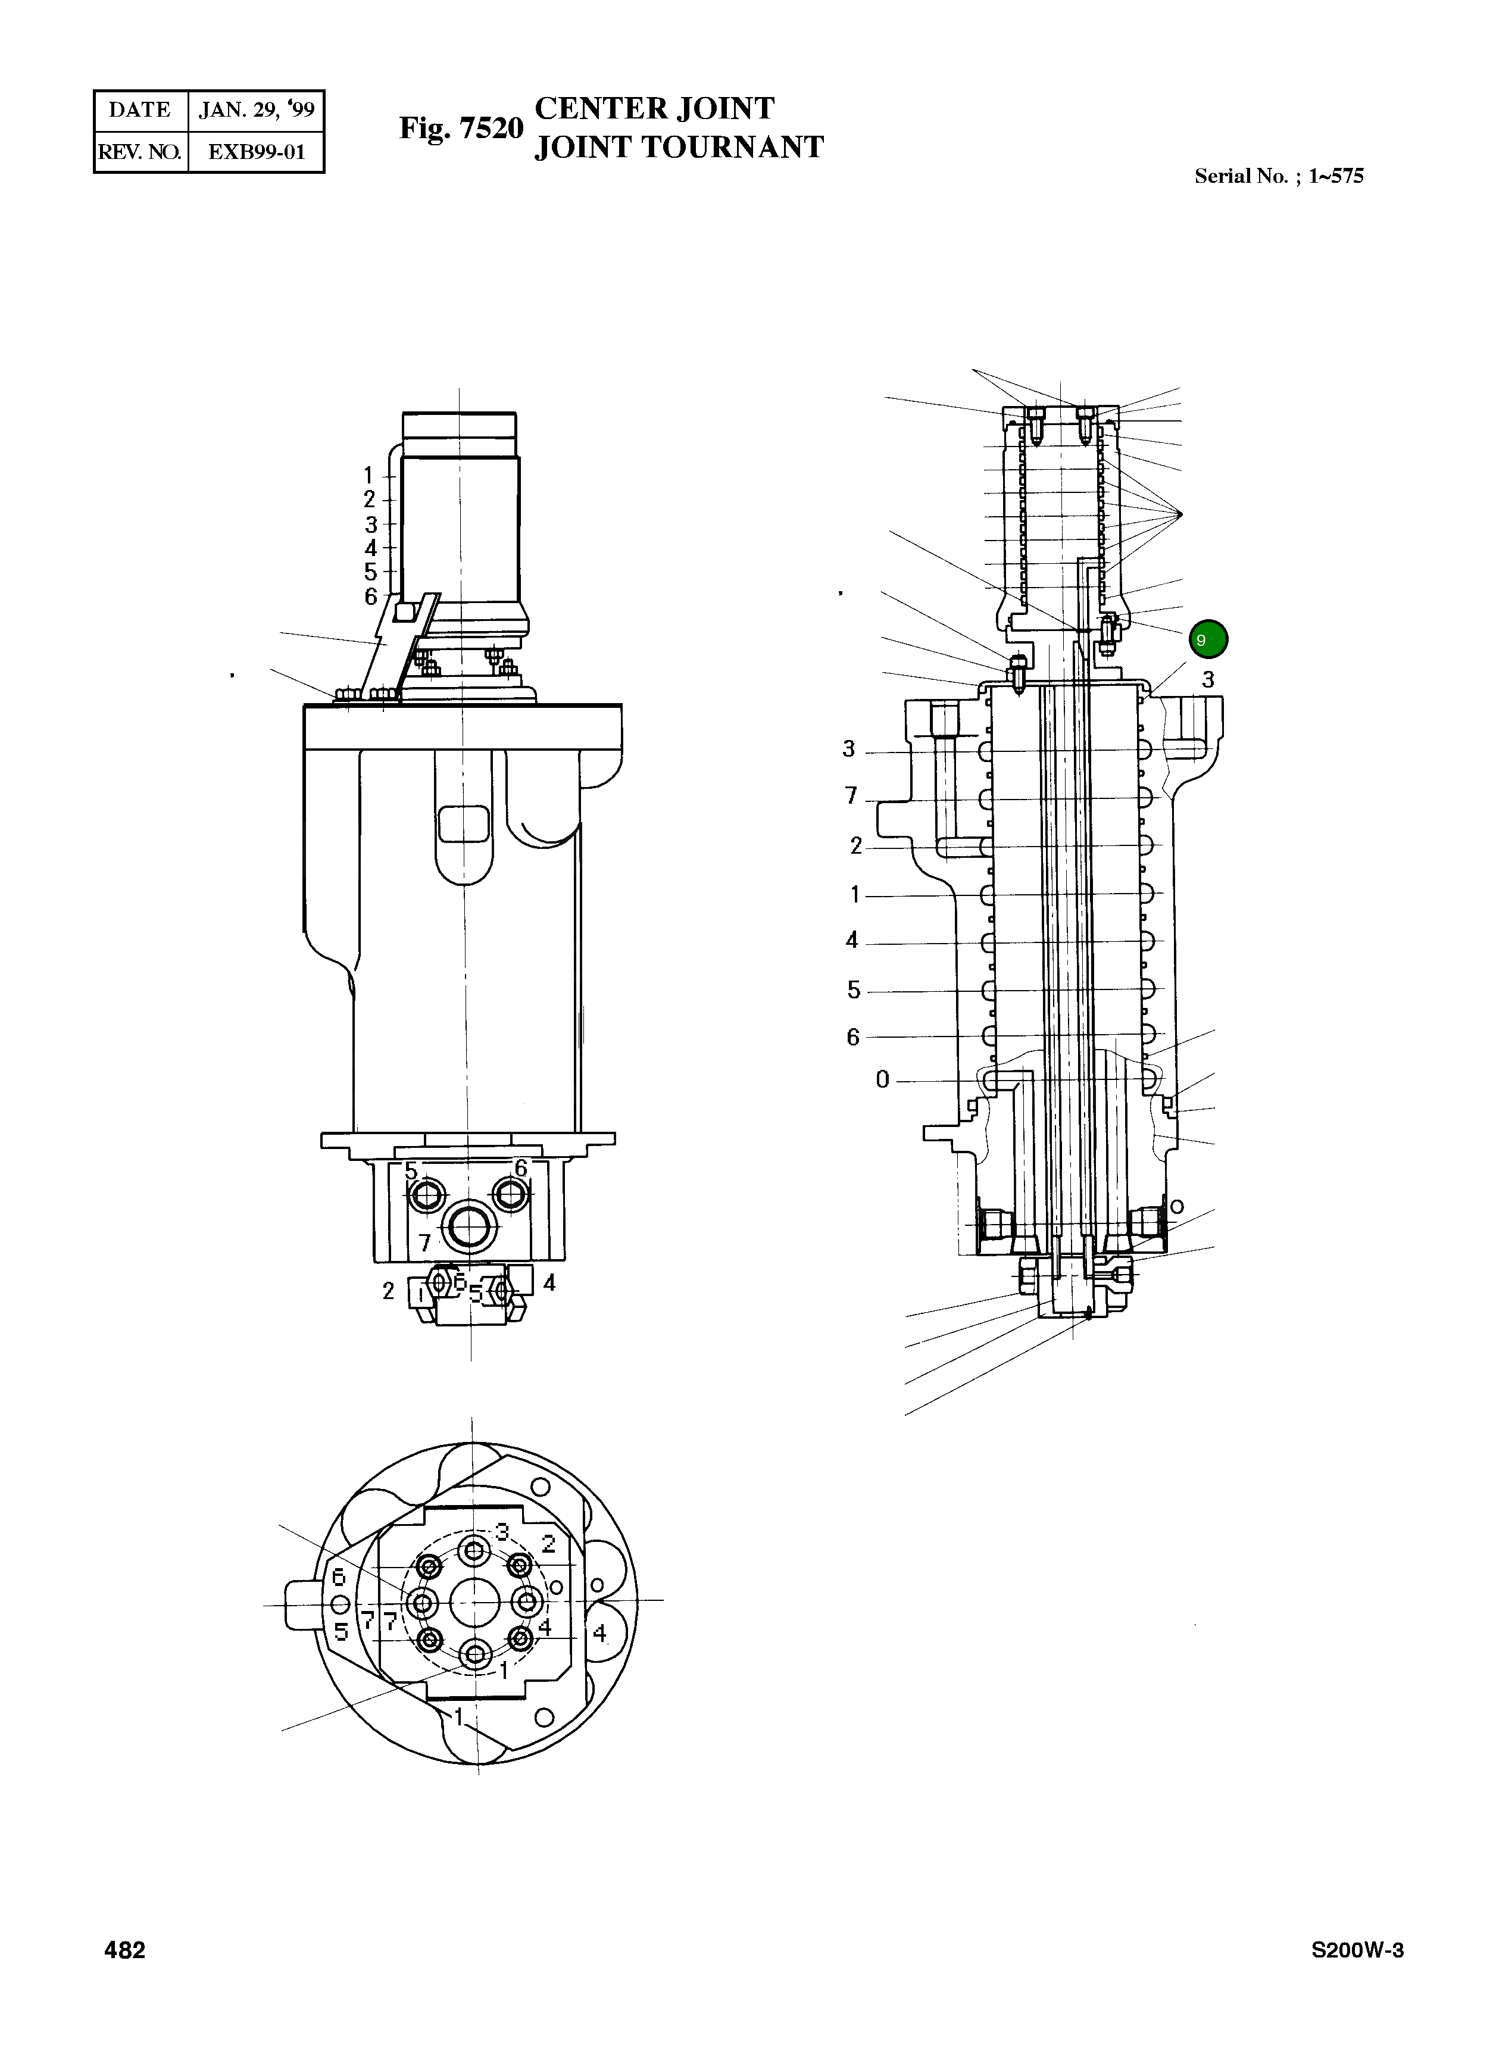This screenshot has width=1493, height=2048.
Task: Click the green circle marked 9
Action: coord(1207,640)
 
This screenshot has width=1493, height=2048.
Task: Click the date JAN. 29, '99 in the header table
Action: coord(256,110)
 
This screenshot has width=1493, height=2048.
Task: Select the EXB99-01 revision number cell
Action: coord(256,152)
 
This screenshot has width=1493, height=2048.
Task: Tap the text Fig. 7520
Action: coord(461,129)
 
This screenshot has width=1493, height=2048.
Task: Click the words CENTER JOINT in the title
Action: coord(654,108)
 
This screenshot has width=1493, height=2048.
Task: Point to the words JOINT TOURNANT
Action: coord(679,147)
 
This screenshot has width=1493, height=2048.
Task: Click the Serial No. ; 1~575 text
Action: coord(1278,176)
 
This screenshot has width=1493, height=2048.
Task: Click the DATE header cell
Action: coord(140,110)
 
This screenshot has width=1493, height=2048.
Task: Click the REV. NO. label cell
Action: coord(140,152)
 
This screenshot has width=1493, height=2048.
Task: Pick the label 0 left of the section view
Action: coord(882,1079)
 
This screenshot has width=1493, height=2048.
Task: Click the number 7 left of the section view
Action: coord(851,795)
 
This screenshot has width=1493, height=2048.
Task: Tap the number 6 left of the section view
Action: coord(852,1037)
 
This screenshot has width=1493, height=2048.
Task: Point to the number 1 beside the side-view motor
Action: coord(368,476)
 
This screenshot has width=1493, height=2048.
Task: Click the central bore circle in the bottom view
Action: coord(474,1604)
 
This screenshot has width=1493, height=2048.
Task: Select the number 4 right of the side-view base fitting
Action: coord(549,1282)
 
